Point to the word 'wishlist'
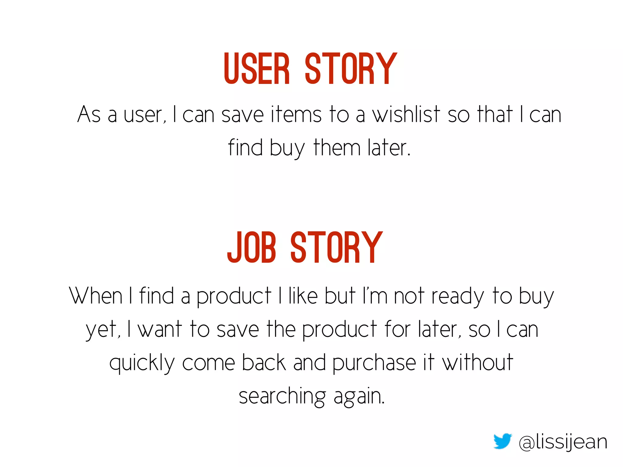pos(406,115)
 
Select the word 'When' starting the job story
pos(96,296)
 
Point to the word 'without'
pos(478,362)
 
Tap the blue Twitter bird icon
pos(503,441)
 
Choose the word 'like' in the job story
pos(303,296)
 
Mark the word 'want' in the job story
pos(160,329)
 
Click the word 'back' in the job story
pos(264,362)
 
